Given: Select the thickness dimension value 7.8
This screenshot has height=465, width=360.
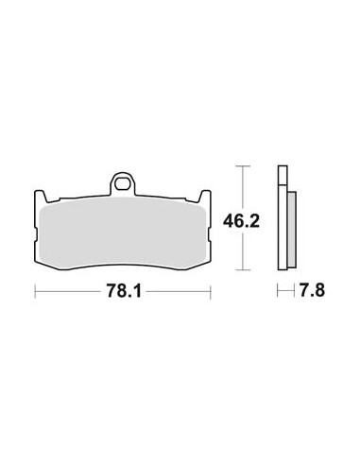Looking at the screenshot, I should tap(313, 294).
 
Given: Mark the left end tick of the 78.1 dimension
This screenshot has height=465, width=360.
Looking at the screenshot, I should tap(36, 293).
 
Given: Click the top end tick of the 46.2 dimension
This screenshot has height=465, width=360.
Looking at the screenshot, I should tap(246, 167).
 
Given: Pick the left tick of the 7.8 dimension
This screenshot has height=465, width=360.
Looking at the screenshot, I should tap(278, 293).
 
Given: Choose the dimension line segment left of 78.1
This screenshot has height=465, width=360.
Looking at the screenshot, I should tap(71, 293).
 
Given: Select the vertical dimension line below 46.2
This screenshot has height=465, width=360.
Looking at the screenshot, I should tap(246, 252).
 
